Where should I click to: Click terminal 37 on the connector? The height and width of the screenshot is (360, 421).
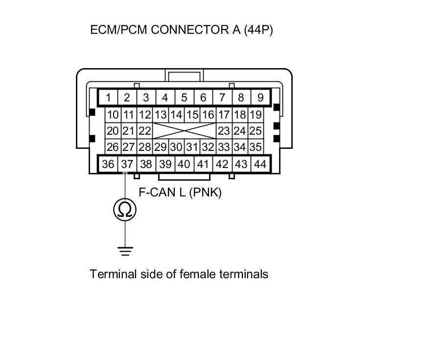point(127,165)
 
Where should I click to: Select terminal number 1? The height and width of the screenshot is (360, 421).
point(108,97)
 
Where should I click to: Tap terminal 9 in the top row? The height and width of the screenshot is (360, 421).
point(260,97)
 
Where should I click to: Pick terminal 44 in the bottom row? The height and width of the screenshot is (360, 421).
point(260,165)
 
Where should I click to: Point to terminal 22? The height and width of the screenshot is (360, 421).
point(144,131)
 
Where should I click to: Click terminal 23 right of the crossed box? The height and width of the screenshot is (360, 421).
point(224,131)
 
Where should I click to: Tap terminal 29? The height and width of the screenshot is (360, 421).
point(160,147)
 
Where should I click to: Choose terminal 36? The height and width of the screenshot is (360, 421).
point(108,165)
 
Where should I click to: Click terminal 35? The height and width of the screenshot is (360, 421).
point(255,147)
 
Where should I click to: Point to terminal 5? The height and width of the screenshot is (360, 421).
point(184,97)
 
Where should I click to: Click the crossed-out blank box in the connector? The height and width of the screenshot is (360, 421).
point(184,131)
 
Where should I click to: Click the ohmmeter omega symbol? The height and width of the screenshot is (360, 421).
point(125,210)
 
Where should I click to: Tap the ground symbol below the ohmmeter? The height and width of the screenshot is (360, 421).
point(125,251)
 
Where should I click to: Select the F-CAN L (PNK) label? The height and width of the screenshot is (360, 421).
point(180,192)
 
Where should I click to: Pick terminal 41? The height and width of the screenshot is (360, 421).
point(203,165)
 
